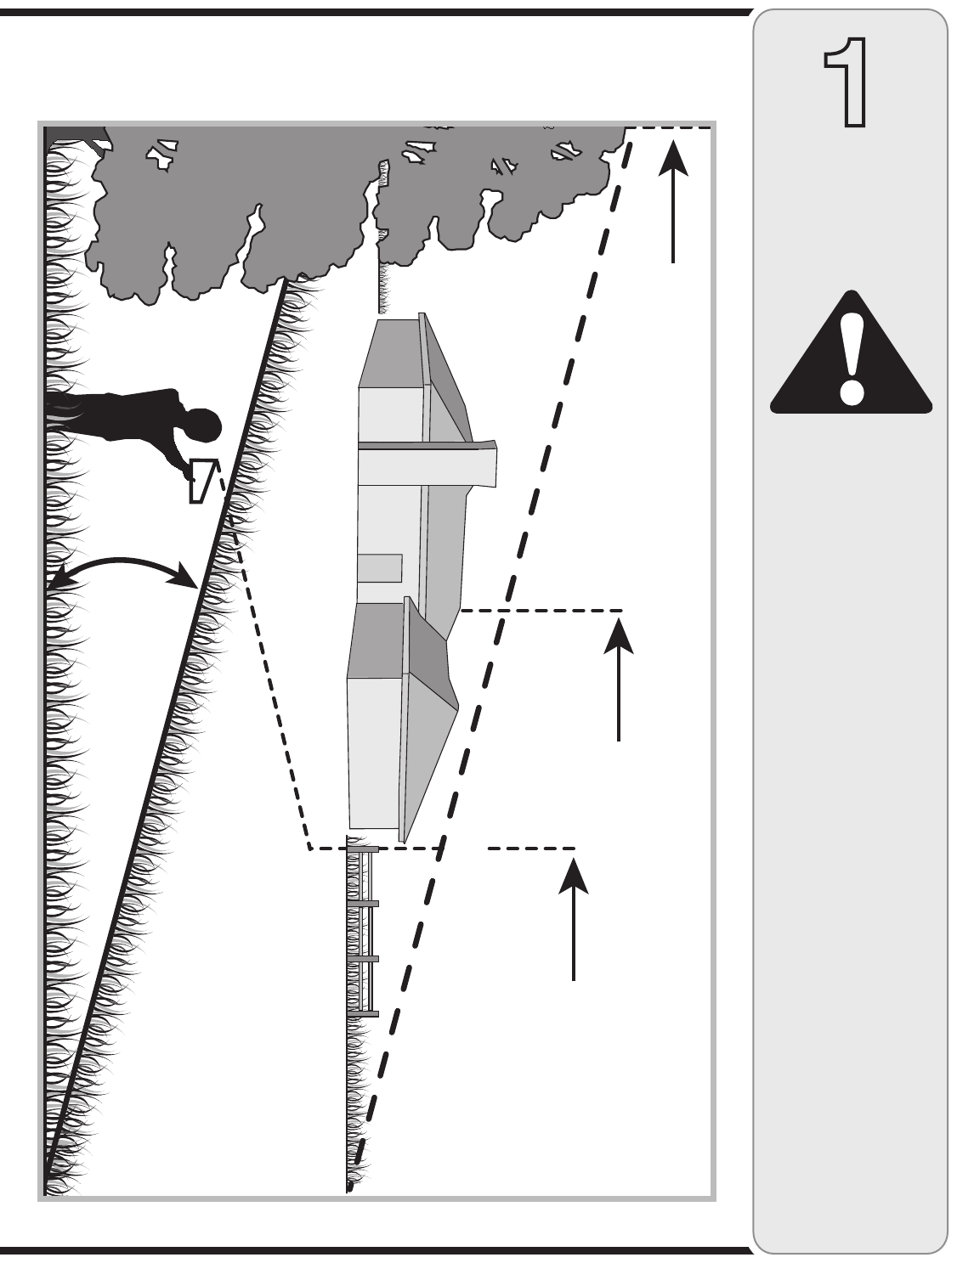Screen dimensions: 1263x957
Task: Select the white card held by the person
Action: point(202,480)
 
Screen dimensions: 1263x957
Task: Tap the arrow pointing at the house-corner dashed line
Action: point(619,679)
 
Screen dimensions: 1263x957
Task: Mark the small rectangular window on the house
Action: point(379,567)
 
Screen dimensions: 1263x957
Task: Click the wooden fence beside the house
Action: point(364,930)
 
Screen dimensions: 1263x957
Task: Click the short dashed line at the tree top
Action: point(671,128)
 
